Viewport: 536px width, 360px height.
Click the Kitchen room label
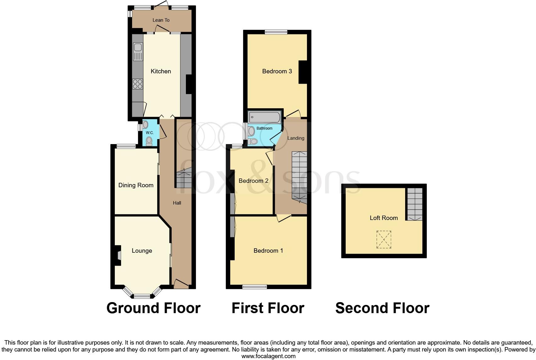[x=161, y=71]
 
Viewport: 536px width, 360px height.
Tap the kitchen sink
[x=138, y=52]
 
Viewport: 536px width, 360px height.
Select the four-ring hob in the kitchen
[x=137, y=84]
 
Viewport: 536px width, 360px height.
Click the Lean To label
[x=161, y=20]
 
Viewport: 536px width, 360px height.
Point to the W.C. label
[x=150, y=133]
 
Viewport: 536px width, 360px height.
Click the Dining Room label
[x=136, y=185]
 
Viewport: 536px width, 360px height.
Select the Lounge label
[x=142, y=251]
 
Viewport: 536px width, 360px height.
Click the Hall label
[x=177, y=203]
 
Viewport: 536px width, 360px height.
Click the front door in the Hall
[x=181, y=283]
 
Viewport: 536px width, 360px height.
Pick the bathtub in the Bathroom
[x=265, y=117]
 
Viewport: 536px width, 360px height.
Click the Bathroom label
[x=264, y=128]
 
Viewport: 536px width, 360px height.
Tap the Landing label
[x=296, y=138]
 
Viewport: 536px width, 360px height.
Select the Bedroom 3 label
[x=277, y=71]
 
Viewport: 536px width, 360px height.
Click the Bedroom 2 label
[x=253, y=181]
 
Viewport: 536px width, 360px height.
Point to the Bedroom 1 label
[x=268, y=251]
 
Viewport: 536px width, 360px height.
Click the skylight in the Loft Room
[x=384, y=240]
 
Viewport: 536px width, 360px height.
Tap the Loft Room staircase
[x=415, y=204]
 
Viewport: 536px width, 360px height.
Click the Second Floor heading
[x=382, y=308]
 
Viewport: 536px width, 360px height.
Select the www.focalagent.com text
[x=268, y=356]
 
